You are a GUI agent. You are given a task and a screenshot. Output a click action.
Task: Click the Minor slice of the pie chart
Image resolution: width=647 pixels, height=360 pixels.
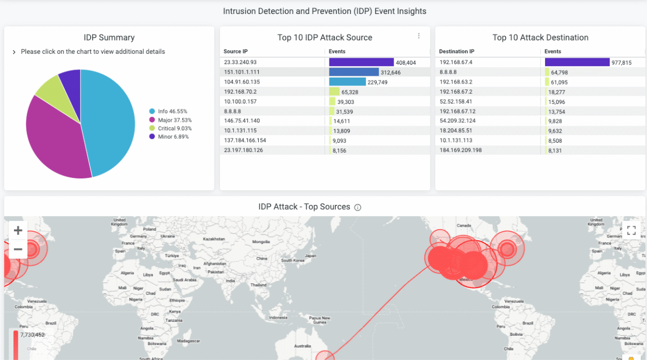tap(70, 81)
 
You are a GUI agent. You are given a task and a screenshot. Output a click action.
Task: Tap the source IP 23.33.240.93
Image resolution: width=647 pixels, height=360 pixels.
tap(240, 63)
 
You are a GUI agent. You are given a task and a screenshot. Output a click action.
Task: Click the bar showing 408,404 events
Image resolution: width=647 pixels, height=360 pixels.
tap(361, 63)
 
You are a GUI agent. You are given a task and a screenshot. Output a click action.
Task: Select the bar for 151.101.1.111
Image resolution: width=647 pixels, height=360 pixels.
tap(354, 72)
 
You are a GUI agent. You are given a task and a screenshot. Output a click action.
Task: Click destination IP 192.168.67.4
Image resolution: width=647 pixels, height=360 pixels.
tap(456, 63)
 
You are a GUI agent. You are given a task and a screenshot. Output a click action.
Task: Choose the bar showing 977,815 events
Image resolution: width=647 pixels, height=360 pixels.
tap(577, 63)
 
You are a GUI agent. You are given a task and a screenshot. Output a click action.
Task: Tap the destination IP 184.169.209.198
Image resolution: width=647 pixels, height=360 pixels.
tap(461, 150)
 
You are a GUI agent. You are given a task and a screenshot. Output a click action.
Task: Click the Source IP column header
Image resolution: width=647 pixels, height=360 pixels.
tap(236, 52)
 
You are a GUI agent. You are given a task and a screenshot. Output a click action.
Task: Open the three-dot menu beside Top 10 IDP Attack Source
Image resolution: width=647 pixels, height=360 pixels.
tap(418, 36)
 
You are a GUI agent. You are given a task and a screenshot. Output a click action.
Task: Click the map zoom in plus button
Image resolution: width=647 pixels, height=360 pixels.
tap(18, 231)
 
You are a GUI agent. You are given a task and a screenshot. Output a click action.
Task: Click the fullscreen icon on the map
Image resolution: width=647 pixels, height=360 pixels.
tap(631, 231)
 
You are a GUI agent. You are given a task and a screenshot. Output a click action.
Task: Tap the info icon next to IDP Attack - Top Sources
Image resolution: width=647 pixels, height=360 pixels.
tap(357, 207)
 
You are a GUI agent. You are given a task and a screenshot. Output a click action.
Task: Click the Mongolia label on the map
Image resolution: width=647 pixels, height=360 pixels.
tap(261, 242)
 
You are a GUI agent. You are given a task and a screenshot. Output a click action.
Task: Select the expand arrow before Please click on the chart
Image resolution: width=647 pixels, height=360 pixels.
tap(14, 52)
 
